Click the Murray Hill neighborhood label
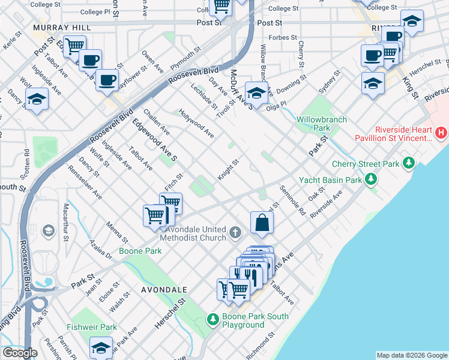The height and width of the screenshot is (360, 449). (62, 28)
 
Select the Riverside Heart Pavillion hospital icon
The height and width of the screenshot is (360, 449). (442, 132)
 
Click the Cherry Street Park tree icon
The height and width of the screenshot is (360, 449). (409, 163)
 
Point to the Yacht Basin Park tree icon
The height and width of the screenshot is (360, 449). (372, 179)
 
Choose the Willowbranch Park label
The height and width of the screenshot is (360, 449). (322, 124)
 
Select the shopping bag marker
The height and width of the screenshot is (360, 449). (262, 223)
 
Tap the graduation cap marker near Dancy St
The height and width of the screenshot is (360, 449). (37, 100)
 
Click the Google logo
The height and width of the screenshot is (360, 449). (20, 353)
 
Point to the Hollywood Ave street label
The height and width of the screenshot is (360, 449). (196, 123)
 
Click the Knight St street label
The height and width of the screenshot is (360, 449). (228, 169)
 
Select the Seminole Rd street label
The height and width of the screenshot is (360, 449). (293, 201)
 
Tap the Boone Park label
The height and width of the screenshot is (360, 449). (140, 251)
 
